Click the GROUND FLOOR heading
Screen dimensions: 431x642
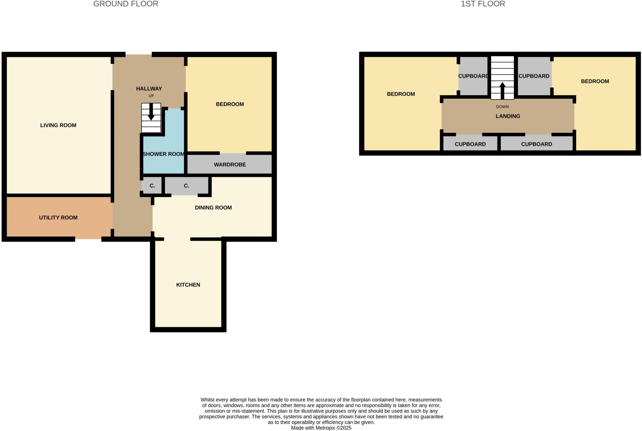(125, 4)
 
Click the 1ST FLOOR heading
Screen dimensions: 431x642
(483, 4)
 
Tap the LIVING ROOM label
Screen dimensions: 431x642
(58, 125)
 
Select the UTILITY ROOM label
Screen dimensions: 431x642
(58, 218)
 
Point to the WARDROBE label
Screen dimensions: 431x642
(230, 165)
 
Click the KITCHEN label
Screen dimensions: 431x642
(188, 285)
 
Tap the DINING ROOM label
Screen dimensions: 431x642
(213, 208)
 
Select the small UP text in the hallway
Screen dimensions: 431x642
(151, 96)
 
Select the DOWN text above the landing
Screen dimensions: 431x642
(502, 107)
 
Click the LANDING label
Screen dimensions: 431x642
(508, 116)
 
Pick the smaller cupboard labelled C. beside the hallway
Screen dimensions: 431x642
(152, 186)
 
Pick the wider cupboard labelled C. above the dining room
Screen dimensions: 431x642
(187, 186)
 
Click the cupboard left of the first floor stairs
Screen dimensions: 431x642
(473, 76)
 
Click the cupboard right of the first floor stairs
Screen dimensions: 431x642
(534, 76)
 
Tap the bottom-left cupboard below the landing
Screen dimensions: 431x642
(470, 144)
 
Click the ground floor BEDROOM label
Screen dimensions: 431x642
(230, 104)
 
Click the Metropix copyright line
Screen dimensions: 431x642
(321, 428)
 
